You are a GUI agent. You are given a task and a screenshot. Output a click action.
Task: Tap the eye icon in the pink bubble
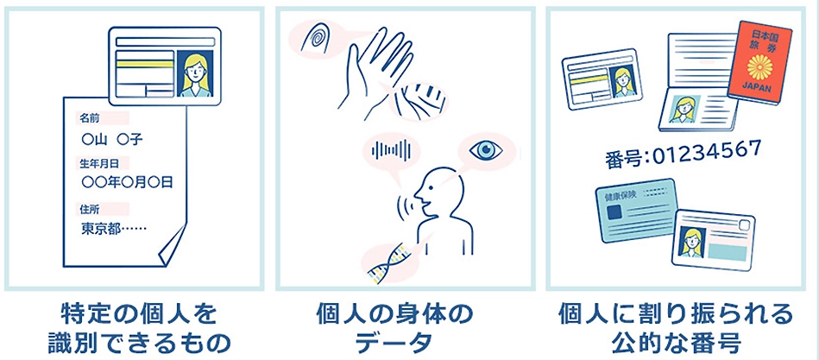click(x=486, y=150)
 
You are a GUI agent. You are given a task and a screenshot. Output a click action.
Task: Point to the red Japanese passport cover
click(x=760, y=63)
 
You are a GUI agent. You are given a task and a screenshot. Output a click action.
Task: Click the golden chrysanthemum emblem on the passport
click(x=760, y=65)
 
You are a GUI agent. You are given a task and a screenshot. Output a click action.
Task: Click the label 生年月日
click(x=98, y=163)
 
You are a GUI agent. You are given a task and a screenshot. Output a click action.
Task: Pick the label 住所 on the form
click(x=89, y=209)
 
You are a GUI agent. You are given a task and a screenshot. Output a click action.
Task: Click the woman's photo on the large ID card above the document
click(x=195, y=74)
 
